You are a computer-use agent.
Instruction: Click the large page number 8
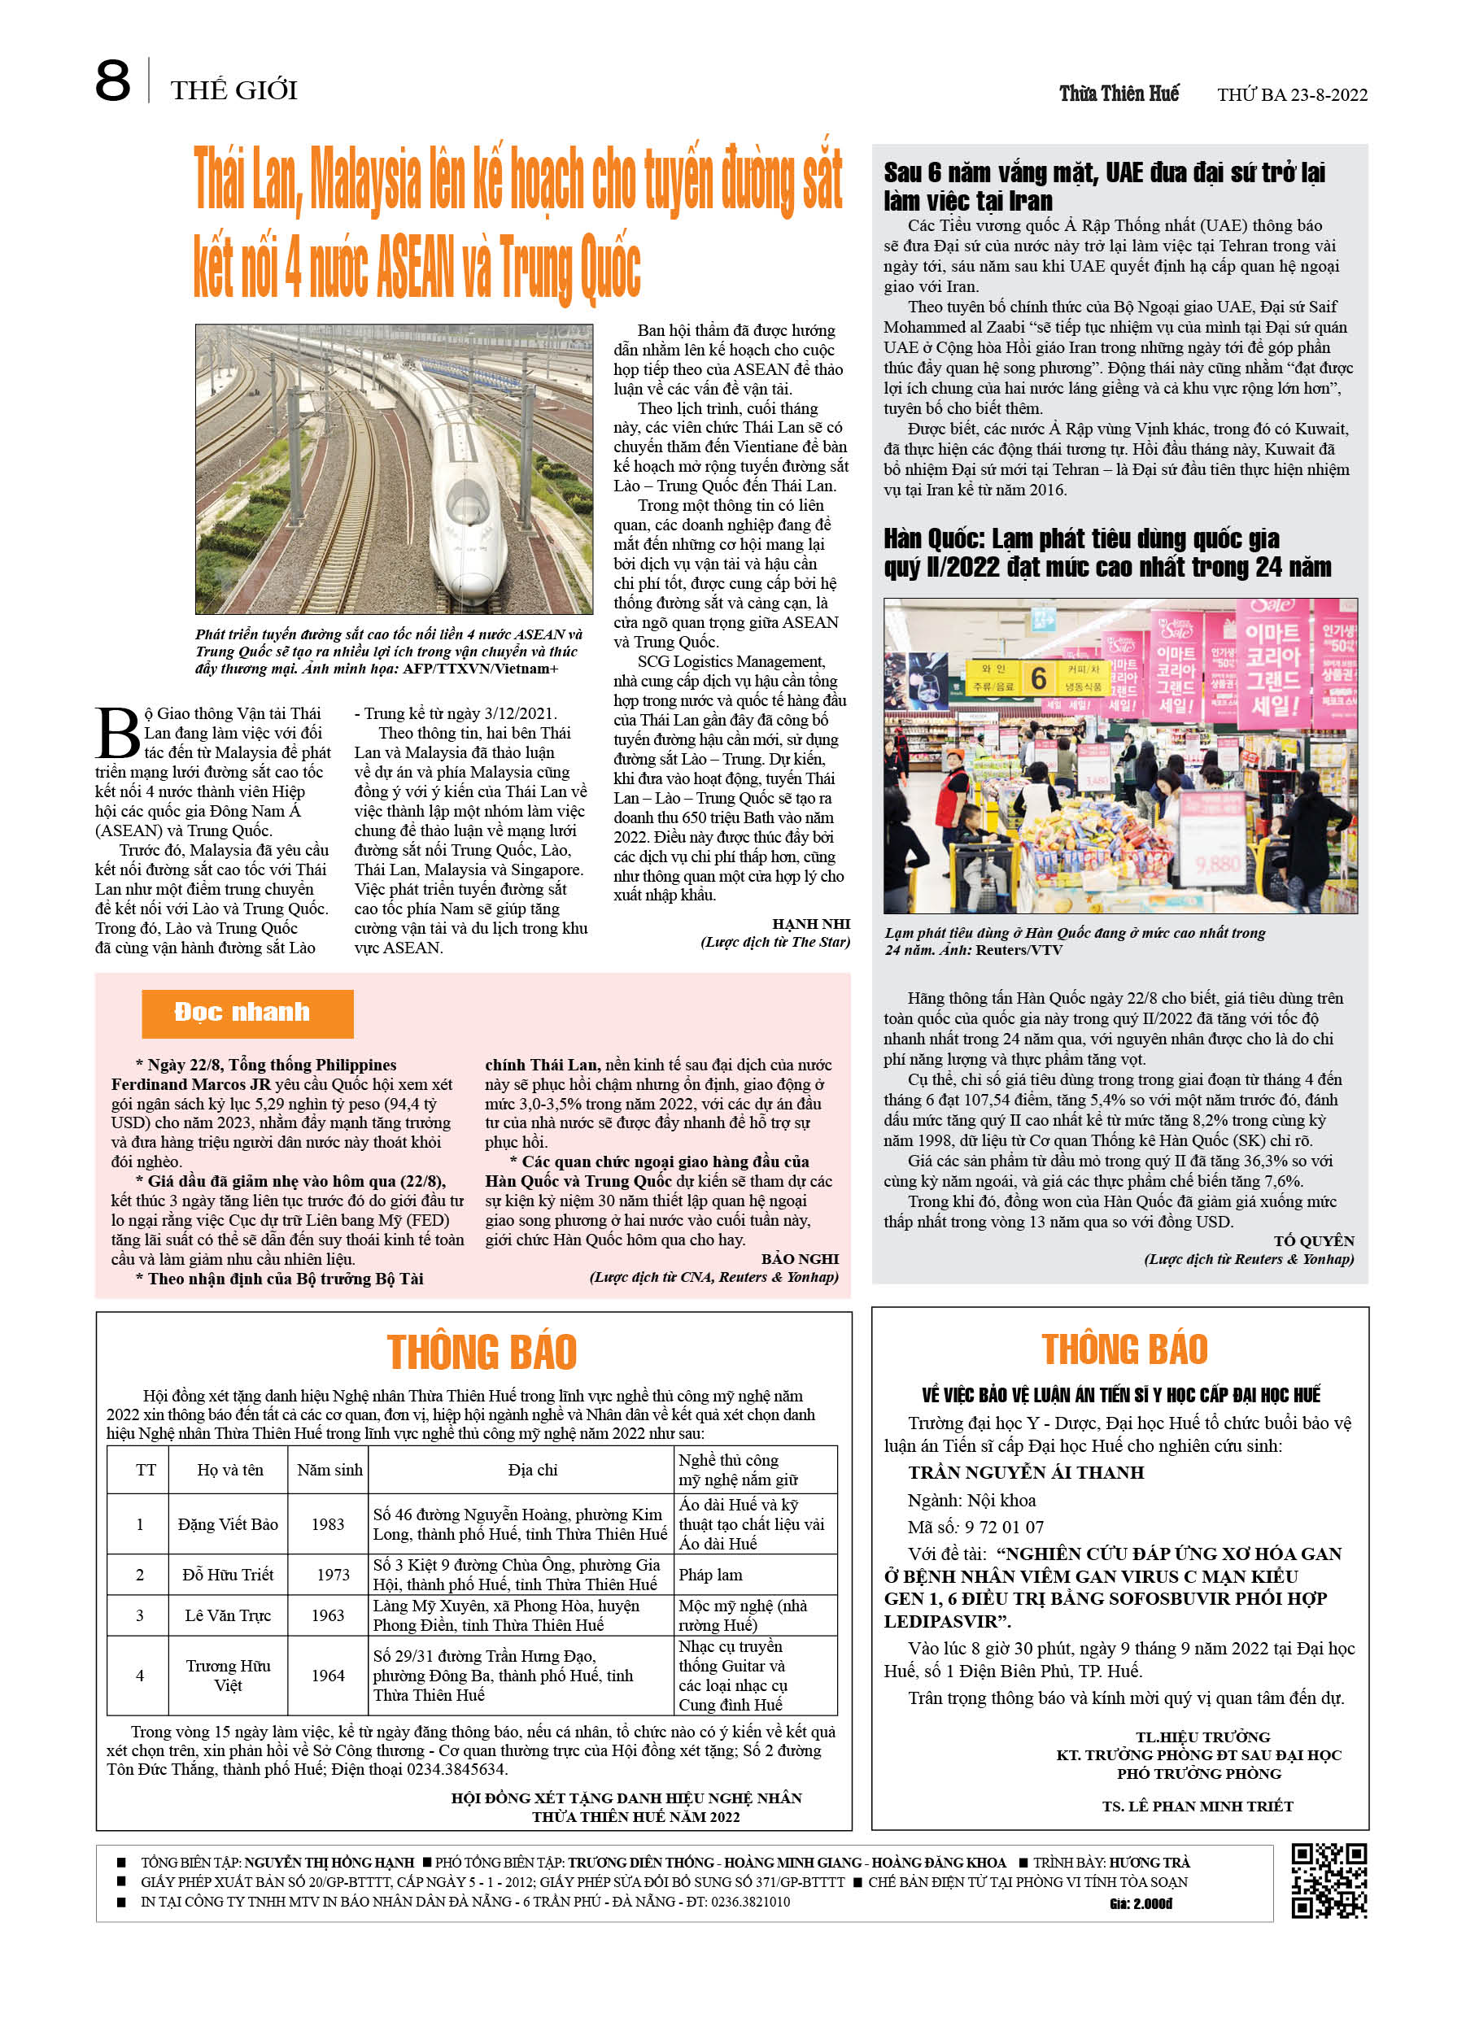113,82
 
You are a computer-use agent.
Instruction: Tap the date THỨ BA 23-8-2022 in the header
1292,94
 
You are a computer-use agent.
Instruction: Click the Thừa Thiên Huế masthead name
1118,94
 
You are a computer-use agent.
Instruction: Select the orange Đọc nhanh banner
247,1013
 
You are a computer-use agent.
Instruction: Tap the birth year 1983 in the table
328,1524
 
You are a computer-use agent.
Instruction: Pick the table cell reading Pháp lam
710,1575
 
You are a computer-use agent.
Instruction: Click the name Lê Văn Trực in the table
228,1615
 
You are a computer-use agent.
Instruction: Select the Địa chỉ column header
532,1470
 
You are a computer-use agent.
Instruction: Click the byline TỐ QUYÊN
1314,1240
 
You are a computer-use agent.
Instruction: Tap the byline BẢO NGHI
800,1259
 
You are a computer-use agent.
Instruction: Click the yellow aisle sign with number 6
1038,679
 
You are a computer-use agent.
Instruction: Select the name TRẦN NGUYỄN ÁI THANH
1025,1472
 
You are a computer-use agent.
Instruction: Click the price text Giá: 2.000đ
1141,1903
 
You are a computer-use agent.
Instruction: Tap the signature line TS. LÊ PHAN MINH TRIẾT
1198,1807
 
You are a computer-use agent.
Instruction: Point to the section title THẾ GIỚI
234,89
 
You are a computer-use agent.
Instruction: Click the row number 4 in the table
140,1676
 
